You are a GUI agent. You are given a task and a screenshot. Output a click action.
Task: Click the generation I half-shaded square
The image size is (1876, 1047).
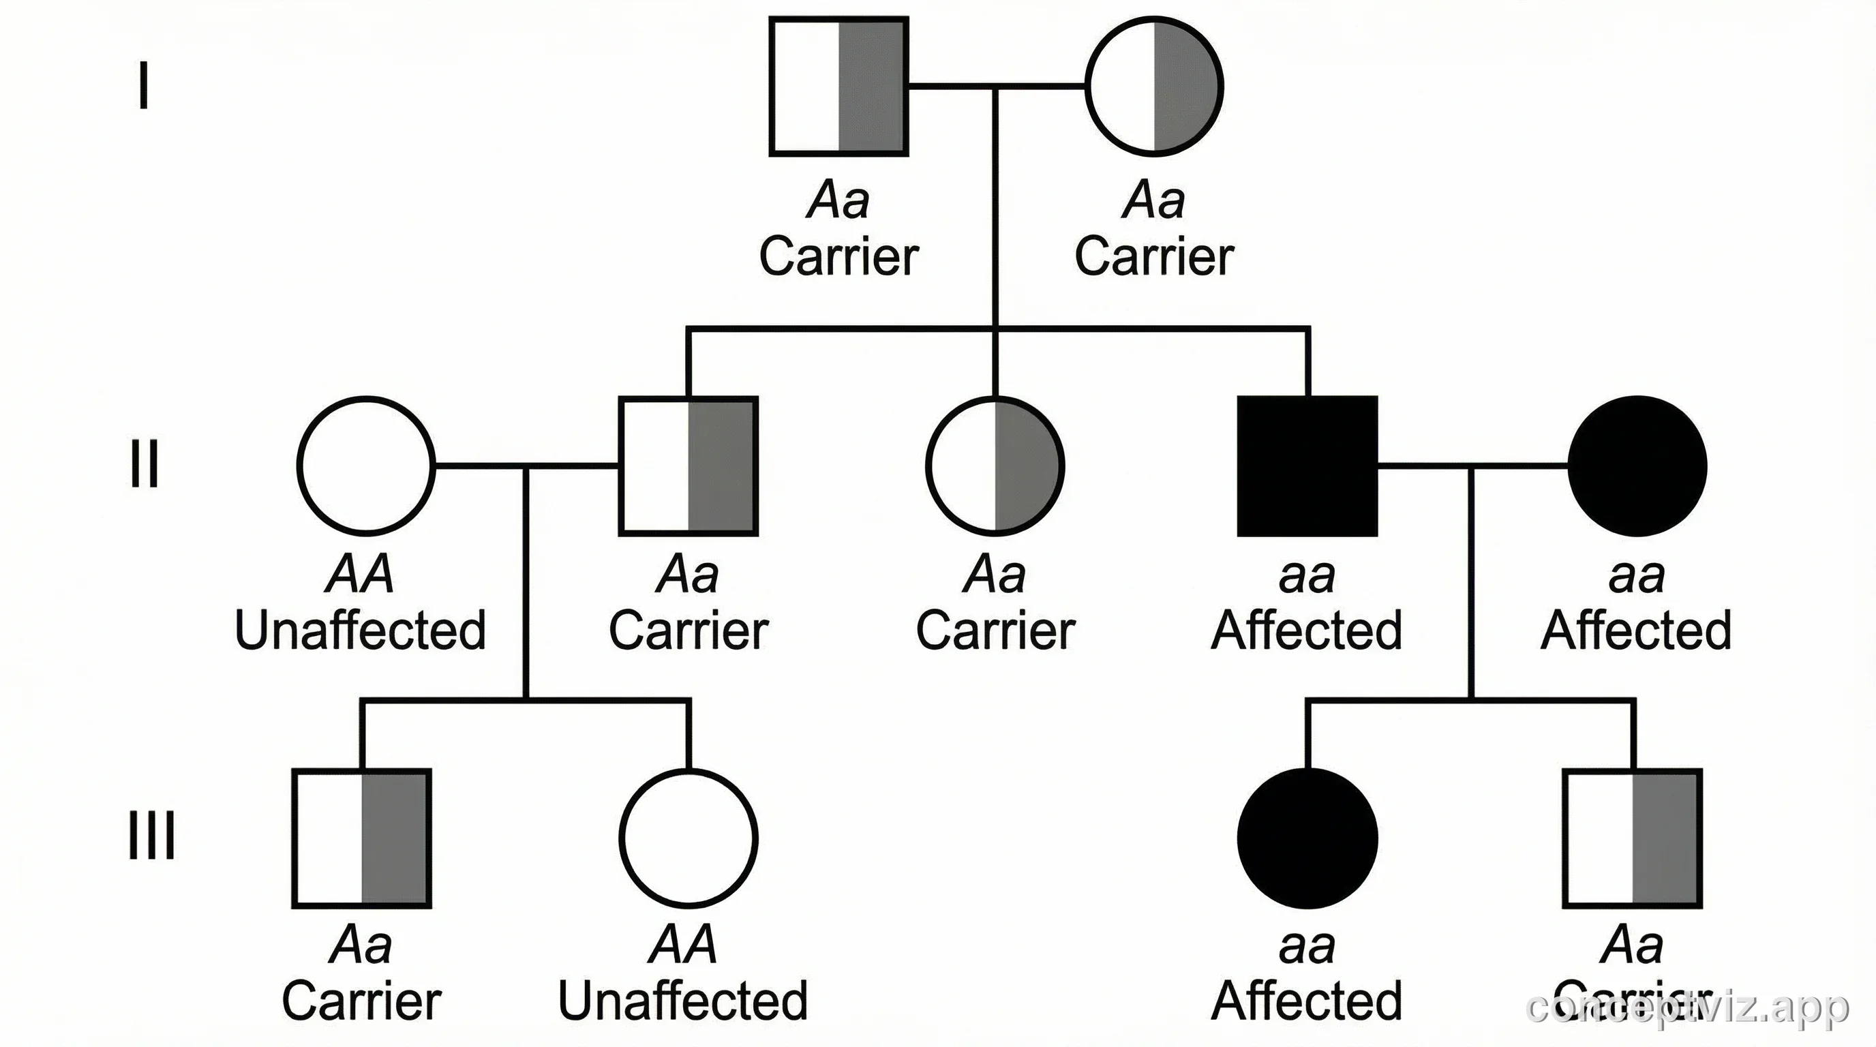[839, 87]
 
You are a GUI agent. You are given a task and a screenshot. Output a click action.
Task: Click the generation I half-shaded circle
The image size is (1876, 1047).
[1154, 87]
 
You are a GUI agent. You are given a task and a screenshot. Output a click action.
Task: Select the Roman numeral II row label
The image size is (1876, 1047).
[145, 463]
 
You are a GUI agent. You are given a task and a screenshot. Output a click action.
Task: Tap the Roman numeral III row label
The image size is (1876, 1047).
[151, 835]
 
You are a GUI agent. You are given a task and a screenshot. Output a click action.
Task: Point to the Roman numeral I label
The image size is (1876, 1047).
[145, 85]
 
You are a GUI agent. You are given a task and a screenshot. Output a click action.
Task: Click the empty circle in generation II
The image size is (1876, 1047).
[366, 466]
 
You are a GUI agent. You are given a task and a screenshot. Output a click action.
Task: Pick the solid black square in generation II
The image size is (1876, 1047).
[1307, 466]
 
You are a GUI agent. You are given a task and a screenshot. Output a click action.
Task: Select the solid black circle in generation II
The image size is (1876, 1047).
[1637, 466]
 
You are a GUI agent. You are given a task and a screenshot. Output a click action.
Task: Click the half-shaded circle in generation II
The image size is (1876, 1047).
[995, 466]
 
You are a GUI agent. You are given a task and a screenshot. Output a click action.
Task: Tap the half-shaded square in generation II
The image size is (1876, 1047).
[689, 466]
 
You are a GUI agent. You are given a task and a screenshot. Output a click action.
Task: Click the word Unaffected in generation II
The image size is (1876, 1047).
[360, 631]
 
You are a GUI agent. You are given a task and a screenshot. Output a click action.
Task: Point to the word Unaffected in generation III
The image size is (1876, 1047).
[683, 1001]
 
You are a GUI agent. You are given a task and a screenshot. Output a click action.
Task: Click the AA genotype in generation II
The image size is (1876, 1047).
[360, 575]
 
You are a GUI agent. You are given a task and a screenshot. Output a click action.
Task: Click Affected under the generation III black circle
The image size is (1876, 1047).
[1307, 1001]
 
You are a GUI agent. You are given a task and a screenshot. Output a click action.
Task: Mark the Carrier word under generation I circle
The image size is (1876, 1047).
[1154, 257]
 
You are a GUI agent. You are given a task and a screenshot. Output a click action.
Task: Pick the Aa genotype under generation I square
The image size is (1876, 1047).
[839, 200]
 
